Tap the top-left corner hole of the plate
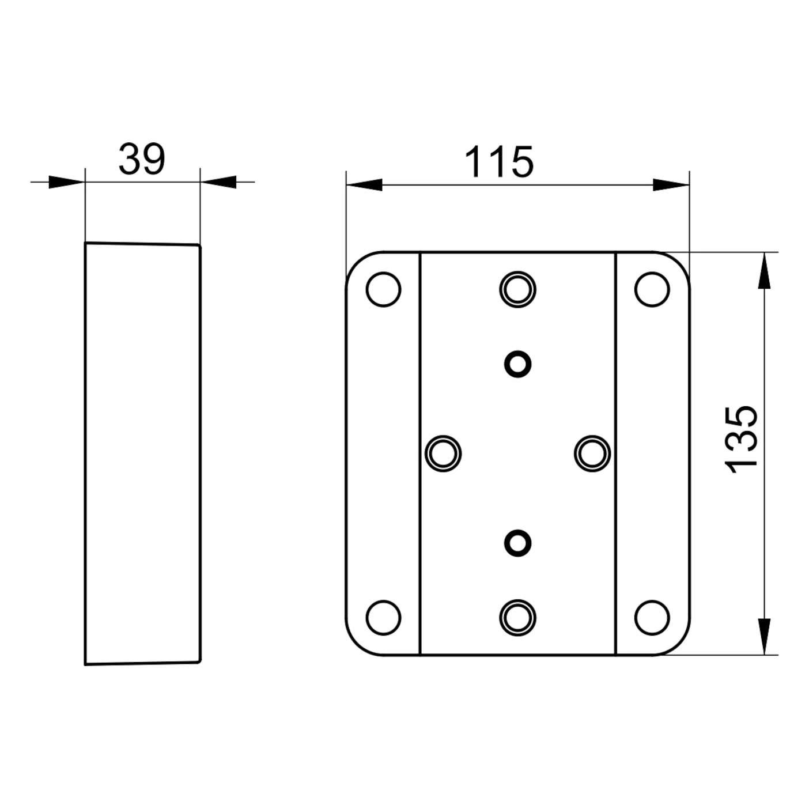point(383,289)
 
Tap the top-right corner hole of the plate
point(652,289)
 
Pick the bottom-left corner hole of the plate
point(383,617)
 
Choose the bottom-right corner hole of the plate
point(652,617)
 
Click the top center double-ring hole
point(517,289)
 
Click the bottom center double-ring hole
point(517,617)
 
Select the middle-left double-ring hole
point(443,453)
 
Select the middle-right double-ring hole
point(592,453)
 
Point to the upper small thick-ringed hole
point(517,364)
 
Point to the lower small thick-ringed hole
point(517,543)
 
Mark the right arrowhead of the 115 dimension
point(671,185)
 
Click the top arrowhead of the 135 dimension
point(764,271)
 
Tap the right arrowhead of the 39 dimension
point(219,182)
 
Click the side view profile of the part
point(142,453)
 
